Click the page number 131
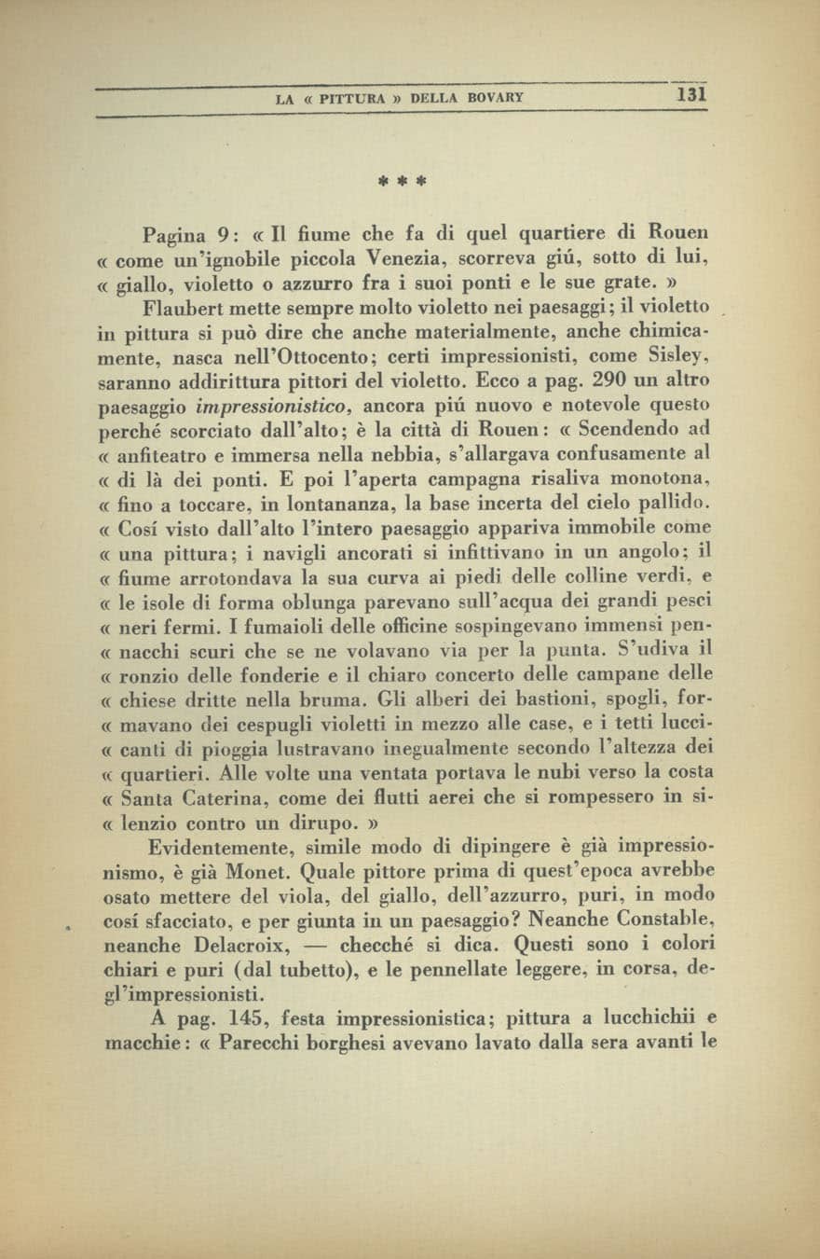(692, 94)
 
